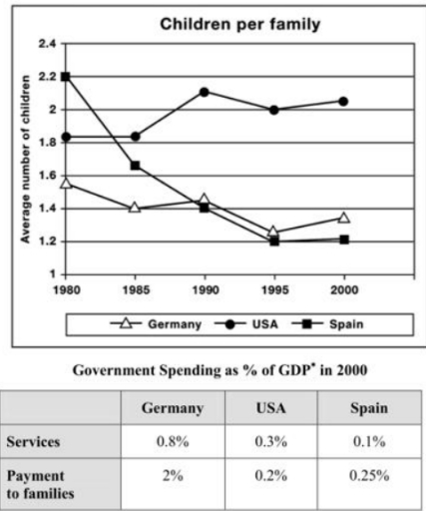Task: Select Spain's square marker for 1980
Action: (66, 76)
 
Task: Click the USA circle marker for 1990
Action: (204, 92)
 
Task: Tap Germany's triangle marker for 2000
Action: (343, 217)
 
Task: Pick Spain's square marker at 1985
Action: (135, 166)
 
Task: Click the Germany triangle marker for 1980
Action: (66, 183)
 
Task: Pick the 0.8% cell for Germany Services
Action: (168, 441)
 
